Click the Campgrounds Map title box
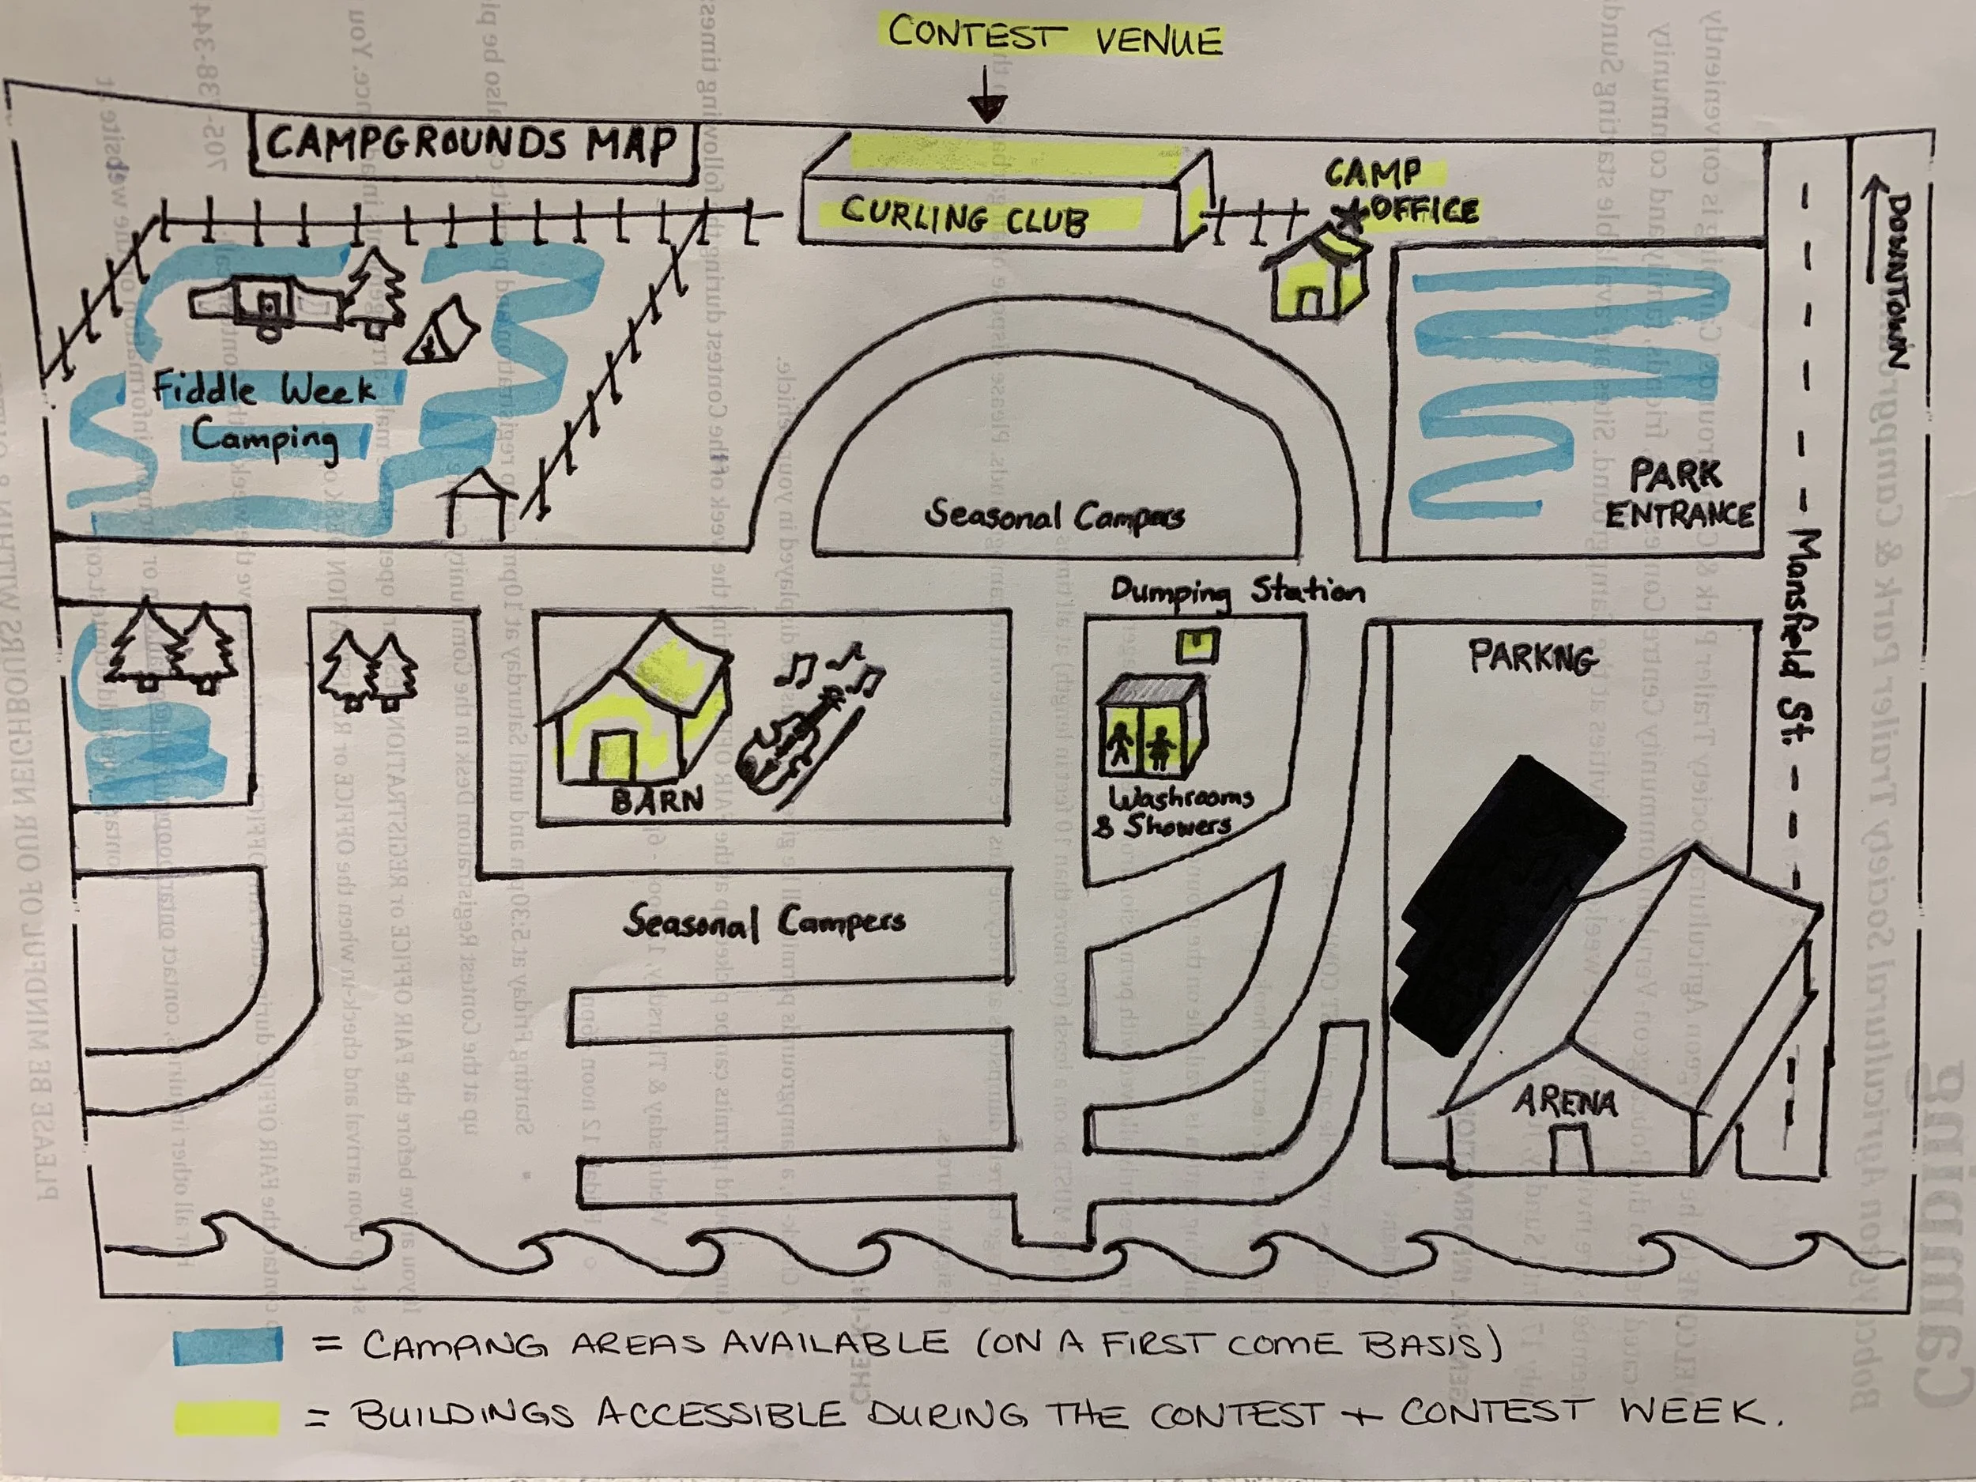click(473, 145)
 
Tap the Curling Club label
click(965, 217)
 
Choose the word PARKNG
click(1533, 658)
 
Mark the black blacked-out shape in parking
click(1501, 903)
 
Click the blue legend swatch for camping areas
click(228, 1345)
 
